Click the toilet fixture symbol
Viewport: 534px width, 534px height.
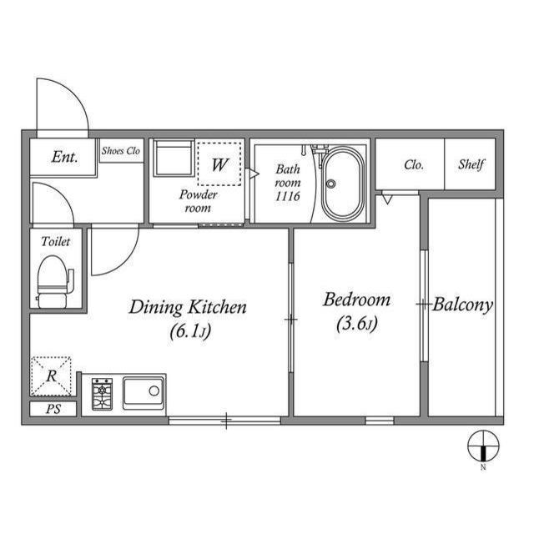(55, 281)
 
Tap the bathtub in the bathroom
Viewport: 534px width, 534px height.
(343, 184)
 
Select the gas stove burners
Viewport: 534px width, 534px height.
(102, 394)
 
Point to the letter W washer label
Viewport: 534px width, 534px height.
(219, 164)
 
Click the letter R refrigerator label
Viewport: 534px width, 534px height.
(52, 376)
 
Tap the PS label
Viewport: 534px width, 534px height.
(53, 409)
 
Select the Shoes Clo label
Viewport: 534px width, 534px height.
(121, 150)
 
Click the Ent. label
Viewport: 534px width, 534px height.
(64, 157)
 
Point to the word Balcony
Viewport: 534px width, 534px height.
(463, 305)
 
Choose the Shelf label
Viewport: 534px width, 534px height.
(471, 164)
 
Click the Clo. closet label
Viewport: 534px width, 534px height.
(414, 165)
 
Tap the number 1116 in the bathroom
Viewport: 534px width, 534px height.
(288, 196)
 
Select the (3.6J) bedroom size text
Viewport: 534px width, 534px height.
(357, 324)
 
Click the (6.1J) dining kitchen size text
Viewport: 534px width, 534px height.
(190, 330)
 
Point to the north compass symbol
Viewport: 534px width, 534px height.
(483, 446)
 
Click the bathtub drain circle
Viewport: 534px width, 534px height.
(330, 184)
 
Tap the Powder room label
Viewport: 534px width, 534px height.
(199, 201)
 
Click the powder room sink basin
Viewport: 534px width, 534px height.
(174, 158)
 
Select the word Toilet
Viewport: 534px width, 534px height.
(56, 241)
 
